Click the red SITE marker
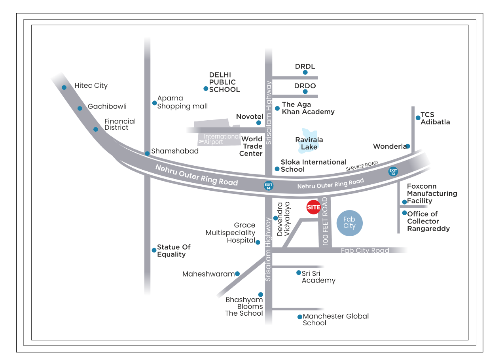(313, 207)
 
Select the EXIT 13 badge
(393, 172)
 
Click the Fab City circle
(349, 223)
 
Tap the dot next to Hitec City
(64, 87)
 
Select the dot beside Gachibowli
(80, 108)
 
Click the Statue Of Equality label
(174, 250)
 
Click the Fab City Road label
(365, 250)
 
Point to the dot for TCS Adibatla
(418, 117)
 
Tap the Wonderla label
(389, 146)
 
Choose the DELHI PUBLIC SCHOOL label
(224, 82)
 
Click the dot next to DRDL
(305, 72)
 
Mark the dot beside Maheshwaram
(237, 274)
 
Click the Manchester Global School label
(335, 319)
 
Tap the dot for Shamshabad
(147, 153)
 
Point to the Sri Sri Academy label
(318, 277)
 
